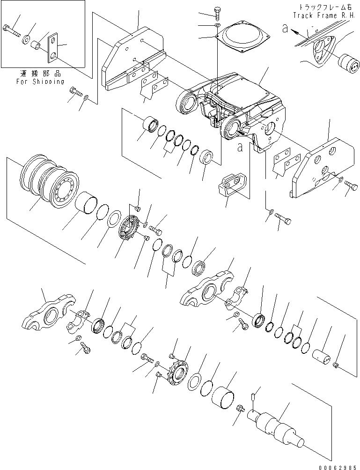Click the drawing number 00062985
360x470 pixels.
click(x=338, y=465)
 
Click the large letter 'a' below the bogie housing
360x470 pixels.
click(x=240, y=147)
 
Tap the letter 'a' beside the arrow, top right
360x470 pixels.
click(x=285, y=29)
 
